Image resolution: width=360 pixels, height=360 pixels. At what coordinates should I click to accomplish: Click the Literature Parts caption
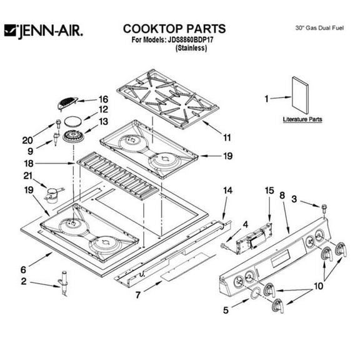pyautogui.click(x=302, y=119)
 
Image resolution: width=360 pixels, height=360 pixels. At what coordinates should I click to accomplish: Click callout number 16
pyautogui.click(x=103, y=99)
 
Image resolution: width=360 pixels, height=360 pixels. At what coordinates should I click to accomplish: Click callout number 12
pyautogui.click(x=103, y=110)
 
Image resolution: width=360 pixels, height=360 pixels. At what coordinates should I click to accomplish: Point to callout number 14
pyautogui.click(x=227, y=190)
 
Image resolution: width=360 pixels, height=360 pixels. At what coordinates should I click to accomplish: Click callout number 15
pyautogui.click(x=269, y=190)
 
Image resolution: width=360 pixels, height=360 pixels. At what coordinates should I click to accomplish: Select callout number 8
pyautogui.click(x=282, y=195)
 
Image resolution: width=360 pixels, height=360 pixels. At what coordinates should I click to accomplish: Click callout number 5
pyautogui.click(x=226, y=308)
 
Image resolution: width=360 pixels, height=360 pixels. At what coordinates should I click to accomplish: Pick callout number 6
pyautogui.click(x=23, y=269)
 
